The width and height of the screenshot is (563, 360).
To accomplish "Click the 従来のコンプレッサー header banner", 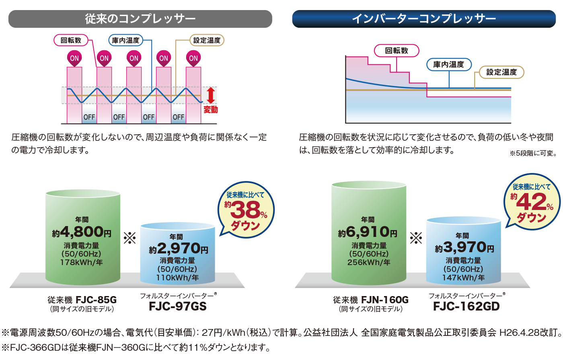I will pos(140,19).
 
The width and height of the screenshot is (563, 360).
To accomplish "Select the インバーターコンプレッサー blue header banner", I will pos(423,19).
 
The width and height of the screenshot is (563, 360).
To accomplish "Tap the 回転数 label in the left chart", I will pos(71,40).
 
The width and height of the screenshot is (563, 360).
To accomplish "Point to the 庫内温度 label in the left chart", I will pos(125,40).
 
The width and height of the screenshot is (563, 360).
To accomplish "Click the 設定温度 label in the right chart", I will pos(501,72).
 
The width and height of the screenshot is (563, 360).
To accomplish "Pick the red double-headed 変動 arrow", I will pos(211,96).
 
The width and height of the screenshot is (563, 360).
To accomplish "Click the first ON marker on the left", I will pos(74,58).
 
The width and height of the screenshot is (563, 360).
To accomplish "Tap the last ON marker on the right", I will pos(193,58).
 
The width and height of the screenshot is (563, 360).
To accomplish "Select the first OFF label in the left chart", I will pos(89,117).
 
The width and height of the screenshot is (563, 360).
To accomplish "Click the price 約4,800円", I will pos(82,232).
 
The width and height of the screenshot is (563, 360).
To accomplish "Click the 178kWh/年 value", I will pos(82,262).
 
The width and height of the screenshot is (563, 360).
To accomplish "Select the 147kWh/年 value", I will pos(463,278).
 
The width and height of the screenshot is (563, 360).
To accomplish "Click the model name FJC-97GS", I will pos(178,307).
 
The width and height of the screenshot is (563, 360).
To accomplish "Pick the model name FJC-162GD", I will pos(466,307).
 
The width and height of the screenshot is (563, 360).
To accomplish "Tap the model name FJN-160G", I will pos(384,300).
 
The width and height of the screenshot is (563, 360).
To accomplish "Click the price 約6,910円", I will pos(368,232).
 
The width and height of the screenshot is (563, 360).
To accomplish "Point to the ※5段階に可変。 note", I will pos(533,153).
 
